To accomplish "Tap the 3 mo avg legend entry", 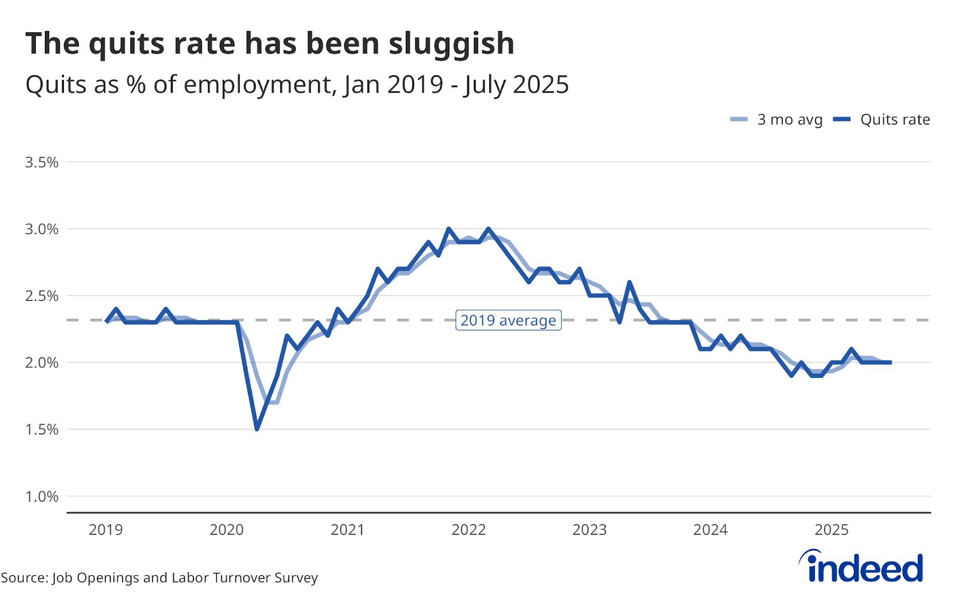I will pos(777,120).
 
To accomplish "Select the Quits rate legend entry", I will pos(882,120).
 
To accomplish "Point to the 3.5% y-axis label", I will pos(42,162).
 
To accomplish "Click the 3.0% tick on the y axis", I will pos(42,229).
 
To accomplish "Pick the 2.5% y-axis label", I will pos(42,296).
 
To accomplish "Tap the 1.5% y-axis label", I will pos(42,429).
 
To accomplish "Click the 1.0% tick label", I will pos(42,496).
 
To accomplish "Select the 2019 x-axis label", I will pos(106,530).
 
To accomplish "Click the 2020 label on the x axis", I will pos(226,530).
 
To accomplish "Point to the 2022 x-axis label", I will pos(468,530).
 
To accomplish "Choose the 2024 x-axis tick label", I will pos(710,530).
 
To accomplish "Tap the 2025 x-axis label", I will pos(832,530).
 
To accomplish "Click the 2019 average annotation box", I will pos(508,321).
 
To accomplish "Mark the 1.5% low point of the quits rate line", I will pos(257,429).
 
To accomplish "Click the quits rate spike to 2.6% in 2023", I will pos(630,282).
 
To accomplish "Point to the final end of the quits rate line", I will pos(890,362).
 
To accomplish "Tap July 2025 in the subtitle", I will pos(516,85).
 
